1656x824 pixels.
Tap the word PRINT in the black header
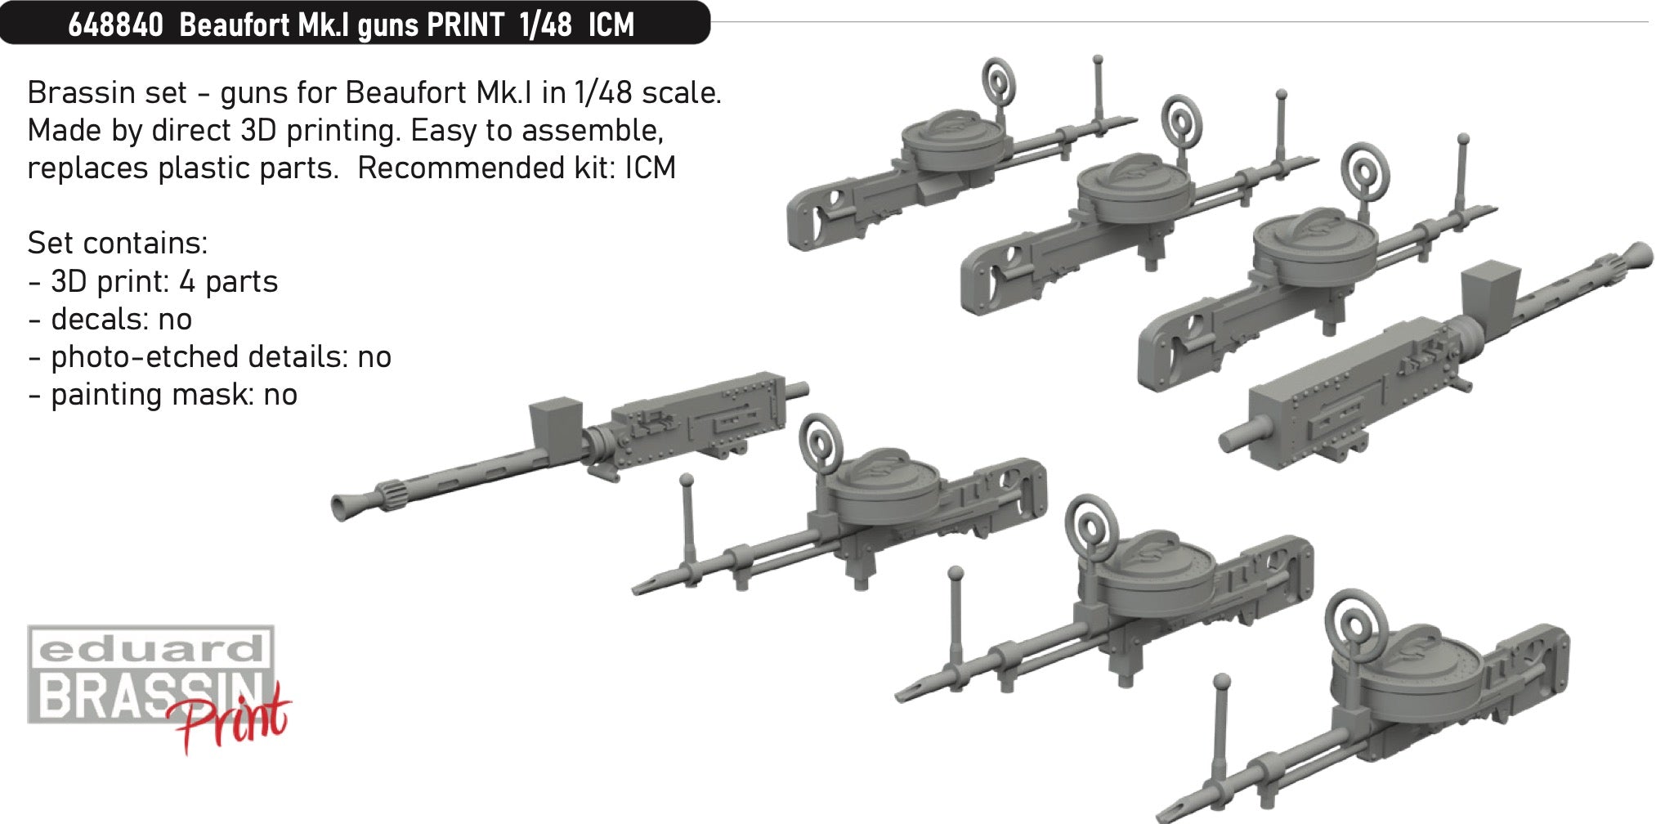465,25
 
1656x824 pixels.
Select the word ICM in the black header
611,25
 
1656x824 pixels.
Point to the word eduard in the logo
150,651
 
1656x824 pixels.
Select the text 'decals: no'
121,319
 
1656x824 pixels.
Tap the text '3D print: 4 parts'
163,281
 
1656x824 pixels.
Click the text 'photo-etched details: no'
221,356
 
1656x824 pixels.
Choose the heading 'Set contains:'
118,243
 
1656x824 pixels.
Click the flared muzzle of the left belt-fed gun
342,508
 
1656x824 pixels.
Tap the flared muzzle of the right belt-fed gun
1638,255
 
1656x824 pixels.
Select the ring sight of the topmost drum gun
997,81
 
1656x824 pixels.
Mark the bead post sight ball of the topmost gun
1098,60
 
